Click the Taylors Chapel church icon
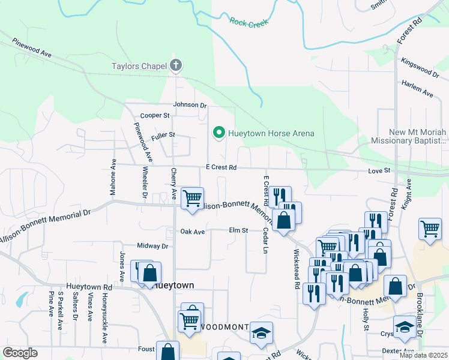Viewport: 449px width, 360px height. (176, 65)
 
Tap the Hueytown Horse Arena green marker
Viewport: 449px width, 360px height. (219, 133)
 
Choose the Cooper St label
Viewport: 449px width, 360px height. (155, 115)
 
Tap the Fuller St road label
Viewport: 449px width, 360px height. (163, 136)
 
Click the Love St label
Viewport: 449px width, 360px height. (379, 172)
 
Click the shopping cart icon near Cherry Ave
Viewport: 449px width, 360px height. (193, 197)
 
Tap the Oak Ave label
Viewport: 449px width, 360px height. (193, 232)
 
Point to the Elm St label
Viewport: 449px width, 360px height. (238, 230)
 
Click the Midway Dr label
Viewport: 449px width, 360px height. (152, 246)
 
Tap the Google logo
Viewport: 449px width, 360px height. (20, 353)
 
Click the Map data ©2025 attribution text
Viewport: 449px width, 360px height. (423, 355)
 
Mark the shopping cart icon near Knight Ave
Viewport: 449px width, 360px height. (430, 228)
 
